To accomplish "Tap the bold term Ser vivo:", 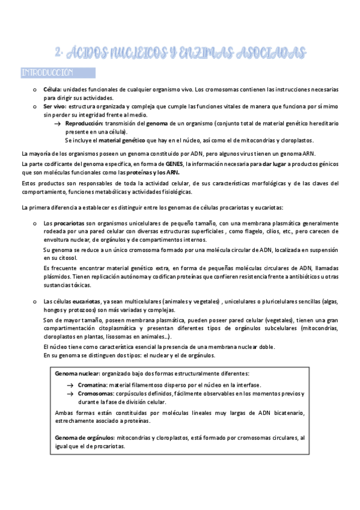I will (x=55, y=106).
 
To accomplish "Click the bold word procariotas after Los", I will (x=69, y=224).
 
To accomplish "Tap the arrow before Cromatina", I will (x=70, y=384).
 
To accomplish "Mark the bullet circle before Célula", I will (x=35, y=90).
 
